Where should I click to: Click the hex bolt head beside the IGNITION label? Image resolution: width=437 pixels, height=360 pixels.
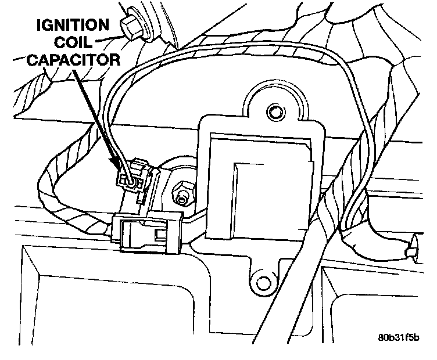131,24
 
